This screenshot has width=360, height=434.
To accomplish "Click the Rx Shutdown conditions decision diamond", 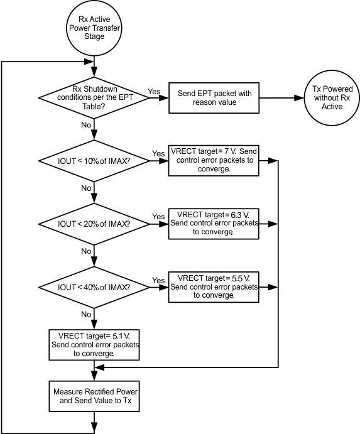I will (94, 97).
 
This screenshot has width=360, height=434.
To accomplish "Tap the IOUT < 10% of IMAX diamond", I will (94, 161).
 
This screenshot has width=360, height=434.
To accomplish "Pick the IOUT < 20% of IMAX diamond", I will (94, 224).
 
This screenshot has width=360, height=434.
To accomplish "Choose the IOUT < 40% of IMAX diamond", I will (94, 287).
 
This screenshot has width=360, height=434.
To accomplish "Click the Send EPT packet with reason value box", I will (214, 97).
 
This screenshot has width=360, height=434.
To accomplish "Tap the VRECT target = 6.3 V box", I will (214, 222).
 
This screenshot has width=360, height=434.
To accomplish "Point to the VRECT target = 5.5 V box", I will (214, 286).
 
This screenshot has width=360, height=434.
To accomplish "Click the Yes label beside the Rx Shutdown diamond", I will (154, 91).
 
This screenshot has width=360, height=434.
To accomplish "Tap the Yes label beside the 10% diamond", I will (158, 153).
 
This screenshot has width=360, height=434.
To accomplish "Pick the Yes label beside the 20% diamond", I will (158, 217).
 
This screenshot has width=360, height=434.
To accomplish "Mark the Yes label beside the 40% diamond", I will (158, 280).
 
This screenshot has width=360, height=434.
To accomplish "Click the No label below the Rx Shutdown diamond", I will (86, 125).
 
